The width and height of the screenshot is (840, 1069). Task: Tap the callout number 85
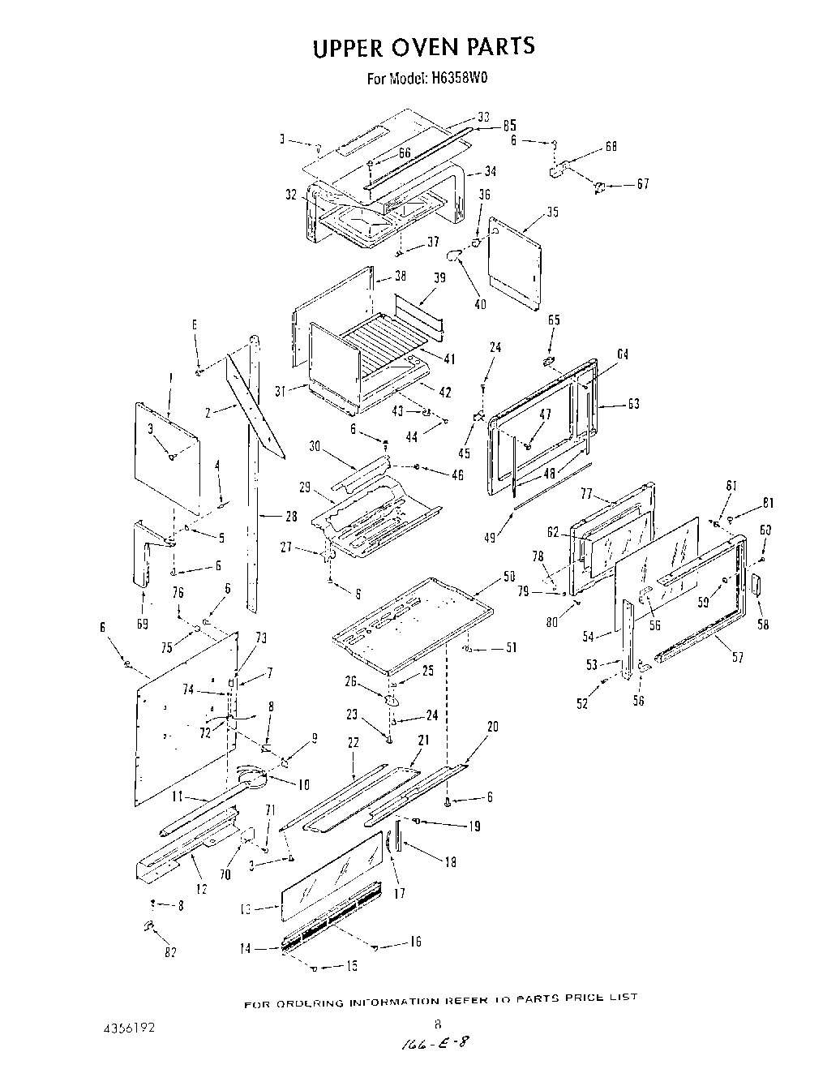click(x=509, y=126)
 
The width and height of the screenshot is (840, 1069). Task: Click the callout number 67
click(x=642, y=184)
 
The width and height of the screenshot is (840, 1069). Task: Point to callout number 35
click(x=552, y=213)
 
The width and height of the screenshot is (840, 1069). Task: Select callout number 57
click(x=737, y=658)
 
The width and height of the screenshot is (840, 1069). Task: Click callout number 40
click(x=480, y=304)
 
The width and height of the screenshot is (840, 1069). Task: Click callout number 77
click(x=587, y=493)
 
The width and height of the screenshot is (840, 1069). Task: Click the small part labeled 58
click(x=759, y=586)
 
